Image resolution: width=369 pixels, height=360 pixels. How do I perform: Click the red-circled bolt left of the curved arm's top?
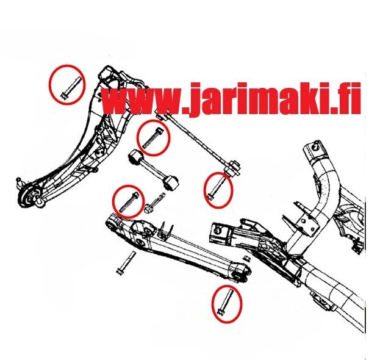point(71,88)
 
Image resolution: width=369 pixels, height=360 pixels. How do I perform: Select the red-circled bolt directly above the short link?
point(152,137)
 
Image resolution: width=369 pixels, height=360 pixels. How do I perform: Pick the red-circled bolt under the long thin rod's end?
point(217,189)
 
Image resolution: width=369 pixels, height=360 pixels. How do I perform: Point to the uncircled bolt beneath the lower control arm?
point(126,262)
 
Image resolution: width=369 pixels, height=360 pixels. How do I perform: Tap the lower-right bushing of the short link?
point(170,183)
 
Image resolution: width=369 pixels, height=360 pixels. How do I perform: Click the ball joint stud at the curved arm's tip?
point(20,182)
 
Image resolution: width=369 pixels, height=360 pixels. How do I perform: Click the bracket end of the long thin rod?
point(234,167)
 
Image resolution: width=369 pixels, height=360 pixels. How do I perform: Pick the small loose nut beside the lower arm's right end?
point(247,258)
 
